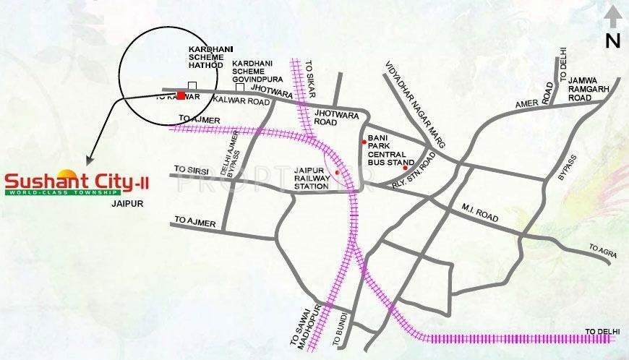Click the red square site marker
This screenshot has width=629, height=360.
pos(180,95)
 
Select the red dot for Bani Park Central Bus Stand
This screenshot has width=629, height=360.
pos(364,142)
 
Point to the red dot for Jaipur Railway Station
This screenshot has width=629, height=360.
pos(337,172)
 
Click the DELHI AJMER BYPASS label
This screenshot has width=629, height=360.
pos(230,154)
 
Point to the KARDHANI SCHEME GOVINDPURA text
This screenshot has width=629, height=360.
pos(253,68)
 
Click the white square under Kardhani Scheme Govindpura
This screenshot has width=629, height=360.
pos(240,87)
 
